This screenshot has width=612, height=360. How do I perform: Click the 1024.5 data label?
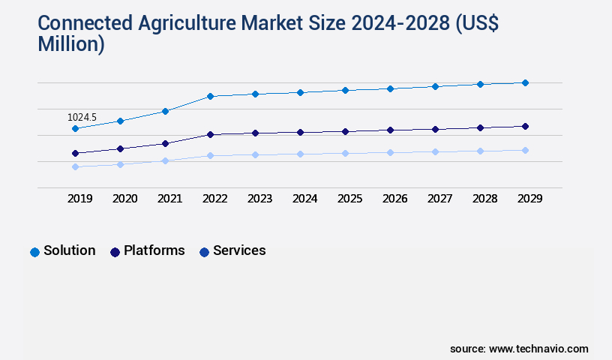82,118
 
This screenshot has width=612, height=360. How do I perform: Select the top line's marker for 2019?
75,129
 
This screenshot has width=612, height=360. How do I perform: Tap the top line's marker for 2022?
210,96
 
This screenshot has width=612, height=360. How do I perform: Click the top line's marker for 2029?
525,82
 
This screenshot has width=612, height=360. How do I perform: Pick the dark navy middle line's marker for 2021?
165,143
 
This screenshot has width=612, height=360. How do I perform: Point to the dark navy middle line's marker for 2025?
345,131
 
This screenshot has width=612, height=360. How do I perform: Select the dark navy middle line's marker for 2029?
525,126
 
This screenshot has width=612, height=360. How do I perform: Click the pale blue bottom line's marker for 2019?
75,166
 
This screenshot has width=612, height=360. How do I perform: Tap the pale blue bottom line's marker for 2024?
300,154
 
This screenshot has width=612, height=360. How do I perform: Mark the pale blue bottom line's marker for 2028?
480,151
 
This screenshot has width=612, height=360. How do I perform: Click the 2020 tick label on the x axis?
124,199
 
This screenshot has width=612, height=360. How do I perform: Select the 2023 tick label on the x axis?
259,199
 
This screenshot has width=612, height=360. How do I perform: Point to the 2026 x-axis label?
394,199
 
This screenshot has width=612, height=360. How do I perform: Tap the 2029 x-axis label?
529,199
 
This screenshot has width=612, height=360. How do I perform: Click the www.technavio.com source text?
538,349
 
